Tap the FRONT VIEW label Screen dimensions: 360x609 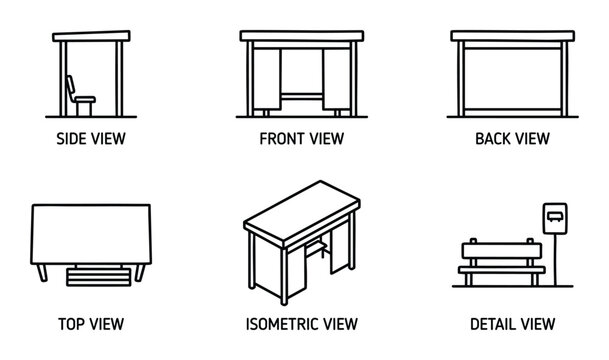pyautogui.click(x=301, y=139)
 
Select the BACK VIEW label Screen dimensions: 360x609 pyautogui.click(x=511, y=139)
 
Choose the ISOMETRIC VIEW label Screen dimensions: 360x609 pyautogui.click(x=301, y=325)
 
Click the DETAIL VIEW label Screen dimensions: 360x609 pyautogui.click(x=511, y=325)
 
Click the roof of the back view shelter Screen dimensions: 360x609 pyautogui.click(x=511, y=37)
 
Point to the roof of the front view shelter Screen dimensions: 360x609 pyautogui.click(x=301, y=37)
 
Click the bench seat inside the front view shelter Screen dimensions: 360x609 pyautogui.click(x=301, y=96)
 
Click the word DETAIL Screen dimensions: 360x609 pyautogui.click(x=493, y=325)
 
